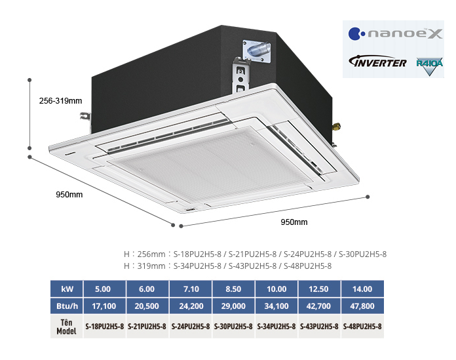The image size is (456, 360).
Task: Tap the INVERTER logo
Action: pyautogui.click(x=378, y=63)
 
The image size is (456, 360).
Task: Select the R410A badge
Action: pyautogui.click(x=428, y=66)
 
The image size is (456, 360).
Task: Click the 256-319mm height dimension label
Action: pyautogui.click(x=60, y=101)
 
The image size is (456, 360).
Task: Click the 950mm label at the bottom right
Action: pyautogui.click(x=294, y=222)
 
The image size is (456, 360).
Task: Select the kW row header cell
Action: pyautogui.click(x=67, y=289)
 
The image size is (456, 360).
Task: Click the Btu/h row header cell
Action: pyautogui.click(x=67, y=306)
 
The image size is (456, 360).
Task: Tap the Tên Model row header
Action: pyautogui.click(x=67, y=326)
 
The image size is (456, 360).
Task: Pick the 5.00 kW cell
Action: pyautogui.click(x=103, y=289)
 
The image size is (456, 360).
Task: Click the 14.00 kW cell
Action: pyautogui.click(x=362, y=289)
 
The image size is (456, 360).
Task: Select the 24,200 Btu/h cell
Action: pyautogui.click(x=190, y=306)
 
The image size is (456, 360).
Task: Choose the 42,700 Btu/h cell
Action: pyautogui.click(x=319, y=306)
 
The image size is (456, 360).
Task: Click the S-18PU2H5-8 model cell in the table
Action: pyautogui.click(x=103, y=326)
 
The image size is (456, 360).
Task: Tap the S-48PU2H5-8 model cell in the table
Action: pyautogui.click(x=362, y=326)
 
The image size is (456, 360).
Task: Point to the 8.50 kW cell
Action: pyautogui.click(x=233, y=289)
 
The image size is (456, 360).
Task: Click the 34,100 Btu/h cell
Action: pyautogui.click(x=276, y=306)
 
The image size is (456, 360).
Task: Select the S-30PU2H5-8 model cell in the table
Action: pyautogui.click(x=233, y=326)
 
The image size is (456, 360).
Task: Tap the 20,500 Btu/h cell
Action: pyautogui.click(x=146, y=306)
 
